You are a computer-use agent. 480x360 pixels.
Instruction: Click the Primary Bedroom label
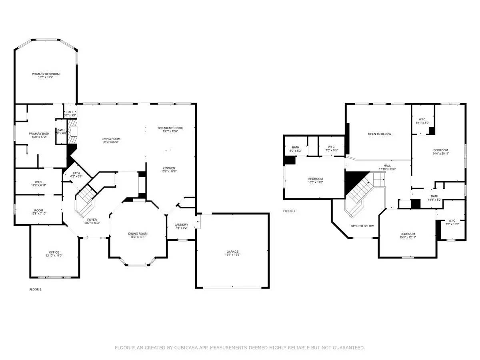46,74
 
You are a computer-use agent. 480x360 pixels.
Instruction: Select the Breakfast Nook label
170,128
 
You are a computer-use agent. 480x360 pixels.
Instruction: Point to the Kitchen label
169,168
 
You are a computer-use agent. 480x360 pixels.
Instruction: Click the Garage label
232,252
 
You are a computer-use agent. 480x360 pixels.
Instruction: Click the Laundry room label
181,224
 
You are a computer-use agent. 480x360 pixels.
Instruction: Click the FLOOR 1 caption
36,289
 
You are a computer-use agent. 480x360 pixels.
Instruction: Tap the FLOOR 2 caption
289,211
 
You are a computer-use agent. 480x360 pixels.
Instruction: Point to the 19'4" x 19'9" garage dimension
232,255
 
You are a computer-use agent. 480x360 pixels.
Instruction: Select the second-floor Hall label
387,165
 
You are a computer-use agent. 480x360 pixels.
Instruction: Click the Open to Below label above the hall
379,134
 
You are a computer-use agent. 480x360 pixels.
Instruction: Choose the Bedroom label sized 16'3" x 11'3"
315,179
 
